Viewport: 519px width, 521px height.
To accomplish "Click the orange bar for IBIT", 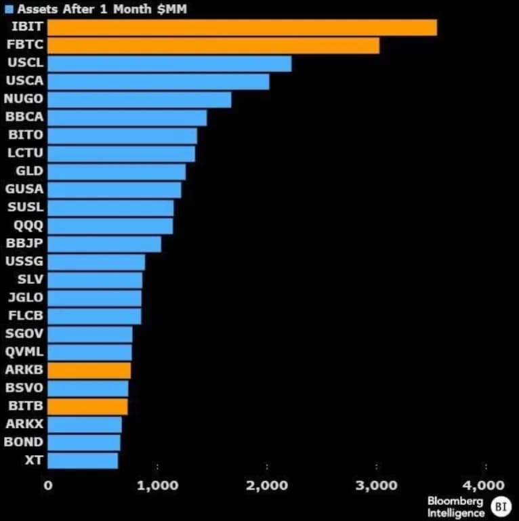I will pyautogui.click(x=242, y=28).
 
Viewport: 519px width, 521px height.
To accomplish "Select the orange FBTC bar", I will pyautogui.click(x=213, y=46).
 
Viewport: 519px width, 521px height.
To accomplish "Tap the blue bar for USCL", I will pyautogui.click(x=169, y=64).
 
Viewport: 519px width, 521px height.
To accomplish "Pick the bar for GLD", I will pyautogui.click(x=117, y=171).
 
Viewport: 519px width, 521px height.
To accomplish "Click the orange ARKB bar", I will pyautogui.click(x=89, y=370).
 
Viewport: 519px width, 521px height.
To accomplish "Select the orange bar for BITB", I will pyautogui.click(x=87, y=406).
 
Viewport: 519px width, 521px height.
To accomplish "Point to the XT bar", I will pyautogui.click(x=83, y=460).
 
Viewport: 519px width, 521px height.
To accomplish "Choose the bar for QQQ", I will pyautogui.click(x=110, y=226).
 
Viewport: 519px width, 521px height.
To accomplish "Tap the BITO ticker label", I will pyautogui.click(x=25, y=136).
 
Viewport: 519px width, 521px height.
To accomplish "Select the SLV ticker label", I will pyautogui.click(x=30, y=279).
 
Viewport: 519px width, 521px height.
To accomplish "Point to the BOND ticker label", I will pyautogui.click(x=24, y=442).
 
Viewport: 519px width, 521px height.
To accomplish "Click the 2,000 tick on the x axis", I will pyautogui.click(x=267, y=485).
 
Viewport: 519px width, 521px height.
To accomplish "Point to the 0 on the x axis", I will pyautogui.click(x=47, y=485).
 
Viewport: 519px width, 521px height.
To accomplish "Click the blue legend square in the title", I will pyautogui.click(x=8, y=9).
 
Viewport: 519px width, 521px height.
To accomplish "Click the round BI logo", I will pyautogui.click(x=499, y=506).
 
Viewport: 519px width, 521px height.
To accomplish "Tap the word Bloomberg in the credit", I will pyautogui.click(x=455, y=501).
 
